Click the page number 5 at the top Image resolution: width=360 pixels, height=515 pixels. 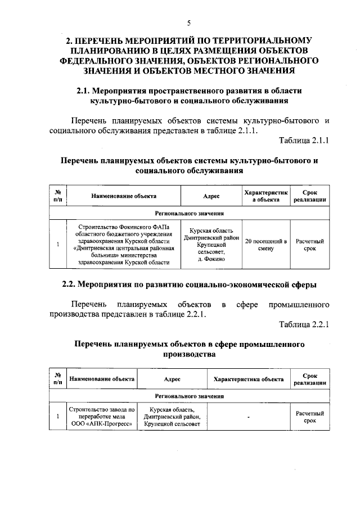188,23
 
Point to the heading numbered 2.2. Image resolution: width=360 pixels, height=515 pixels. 188,284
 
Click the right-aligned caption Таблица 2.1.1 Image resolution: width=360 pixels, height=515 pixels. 304,141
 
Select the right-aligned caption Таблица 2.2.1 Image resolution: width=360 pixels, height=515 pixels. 304,324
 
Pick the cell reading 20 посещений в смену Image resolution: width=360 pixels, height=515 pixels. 265,245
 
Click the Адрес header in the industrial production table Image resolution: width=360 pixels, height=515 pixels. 172,380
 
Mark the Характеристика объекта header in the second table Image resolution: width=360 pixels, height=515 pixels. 248,380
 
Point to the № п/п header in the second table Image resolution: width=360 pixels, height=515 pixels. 57,380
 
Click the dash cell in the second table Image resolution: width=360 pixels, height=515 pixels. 248,417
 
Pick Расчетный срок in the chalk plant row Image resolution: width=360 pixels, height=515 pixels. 310,417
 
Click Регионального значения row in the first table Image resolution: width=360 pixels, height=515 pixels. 189,214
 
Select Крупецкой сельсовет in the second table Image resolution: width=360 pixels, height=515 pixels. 172,424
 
